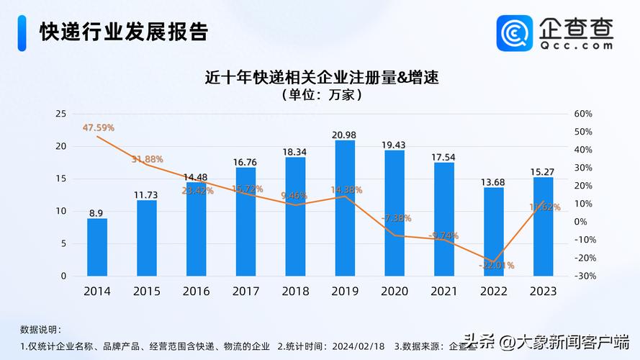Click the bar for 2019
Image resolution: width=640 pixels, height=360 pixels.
pyautogui.click(x=345, y=208)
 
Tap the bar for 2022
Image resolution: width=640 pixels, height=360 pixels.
pyautogui.click(x=494, y=231)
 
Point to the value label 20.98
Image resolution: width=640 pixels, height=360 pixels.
pyautogui.click(x=345, y=135)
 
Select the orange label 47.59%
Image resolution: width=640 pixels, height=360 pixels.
pyautogui.click(x=99, y=127)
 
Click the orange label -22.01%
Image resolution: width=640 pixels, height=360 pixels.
pyautogui.click(x=495, y=265)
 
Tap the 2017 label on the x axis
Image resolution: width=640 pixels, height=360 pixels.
pyautogui.click(x=245, y=292)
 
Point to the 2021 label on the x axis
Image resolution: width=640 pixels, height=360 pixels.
pyautogui.click(x=444, y=292)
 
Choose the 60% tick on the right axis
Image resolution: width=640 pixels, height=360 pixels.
pyautogui.click(x=583, y=114)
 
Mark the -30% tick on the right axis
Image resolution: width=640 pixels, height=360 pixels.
pyautogui.click(x=582, y=276)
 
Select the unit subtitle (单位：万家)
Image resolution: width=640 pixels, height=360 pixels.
pyautogui.click(x=322, y=95)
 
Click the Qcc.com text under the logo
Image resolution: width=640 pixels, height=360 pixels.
pyautogui.click(x=577, y=45)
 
